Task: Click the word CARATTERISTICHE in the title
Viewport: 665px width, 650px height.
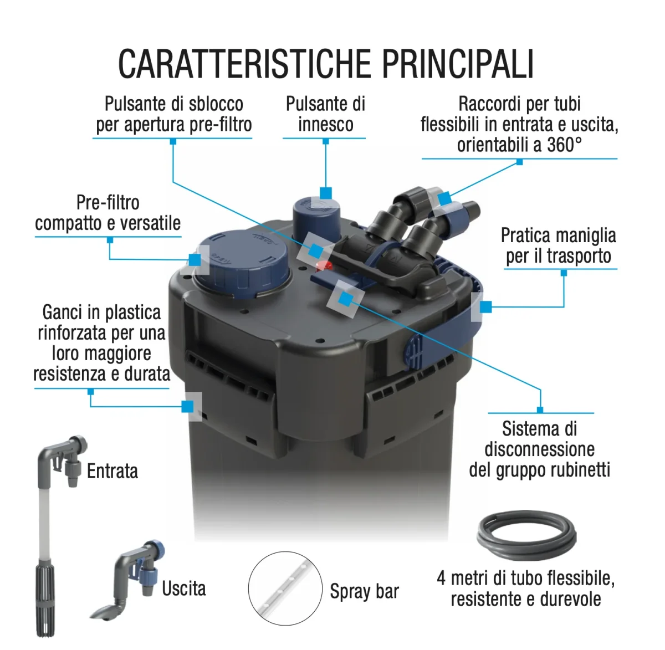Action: click(x=246, y=64)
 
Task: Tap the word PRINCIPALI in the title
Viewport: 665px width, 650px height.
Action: click(x=458, y=64)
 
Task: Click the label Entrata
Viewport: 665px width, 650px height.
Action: click(x=112, y=471)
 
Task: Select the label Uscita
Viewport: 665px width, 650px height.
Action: click(x=183, y=588)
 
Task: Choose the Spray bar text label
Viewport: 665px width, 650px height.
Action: click(x=364, y=591)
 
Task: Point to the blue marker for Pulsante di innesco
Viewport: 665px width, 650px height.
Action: click(x=326, y=193)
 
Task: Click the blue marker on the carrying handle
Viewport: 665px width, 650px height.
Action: click(x=486, y=306)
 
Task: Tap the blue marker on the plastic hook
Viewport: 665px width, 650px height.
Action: click(x=188, y=406)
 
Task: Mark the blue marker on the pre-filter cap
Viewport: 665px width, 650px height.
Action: click(x=195, y=259)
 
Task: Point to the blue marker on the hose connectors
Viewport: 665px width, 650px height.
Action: click(x=444, y=199)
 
